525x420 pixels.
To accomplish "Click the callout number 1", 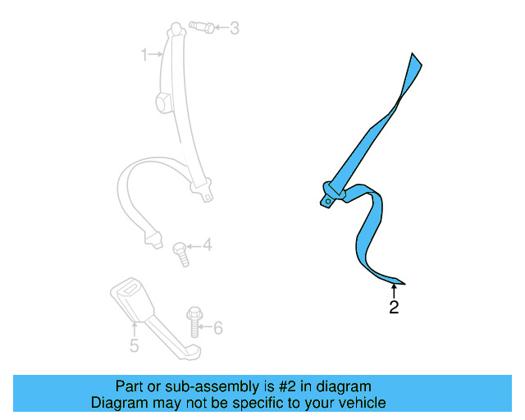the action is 144,55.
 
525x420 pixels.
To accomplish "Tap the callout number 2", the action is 394,308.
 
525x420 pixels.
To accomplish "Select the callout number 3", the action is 234,30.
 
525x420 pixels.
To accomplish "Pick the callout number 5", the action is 135,345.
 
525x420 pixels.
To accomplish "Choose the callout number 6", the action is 217,328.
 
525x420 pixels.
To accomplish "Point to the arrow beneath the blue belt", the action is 394,290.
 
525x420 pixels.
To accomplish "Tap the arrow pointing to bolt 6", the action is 206,328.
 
